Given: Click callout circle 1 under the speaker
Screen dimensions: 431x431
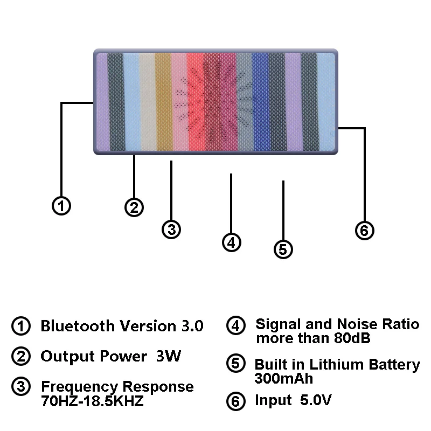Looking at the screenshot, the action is [x=62, y=205].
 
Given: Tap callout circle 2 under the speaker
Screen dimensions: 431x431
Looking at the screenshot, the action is [x=134, y=207].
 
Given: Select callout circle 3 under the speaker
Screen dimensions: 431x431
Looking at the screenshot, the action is [x=171, y=229].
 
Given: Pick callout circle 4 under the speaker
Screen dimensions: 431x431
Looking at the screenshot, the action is [x=231, y=242].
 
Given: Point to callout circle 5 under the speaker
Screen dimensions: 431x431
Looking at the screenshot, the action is [x=283, y=249].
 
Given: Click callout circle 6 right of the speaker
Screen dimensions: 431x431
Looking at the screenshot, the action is [x=364, y=231].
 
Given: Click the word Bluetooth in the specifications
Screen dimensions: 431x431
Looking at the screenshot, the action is [x=78, y=326].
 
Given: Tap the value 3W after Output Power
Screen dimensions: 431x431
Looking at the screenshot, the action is [x=168, y=357].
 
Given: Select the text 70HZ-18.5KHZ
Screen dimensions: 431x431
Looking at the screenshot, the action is [x=92, y=402].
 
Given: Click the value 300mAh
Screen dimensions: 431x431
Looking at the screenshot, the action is [x=283, y=378].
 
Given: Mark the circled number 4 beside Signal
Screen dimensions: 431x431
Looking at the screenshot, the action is [x=235, y=326].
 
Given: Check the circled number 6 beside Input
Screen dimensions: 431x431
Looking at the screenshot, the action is [x=235, y=402].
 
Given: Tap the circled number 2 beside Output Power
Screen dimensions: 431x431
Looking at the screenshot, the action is [x=21, y=357].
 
